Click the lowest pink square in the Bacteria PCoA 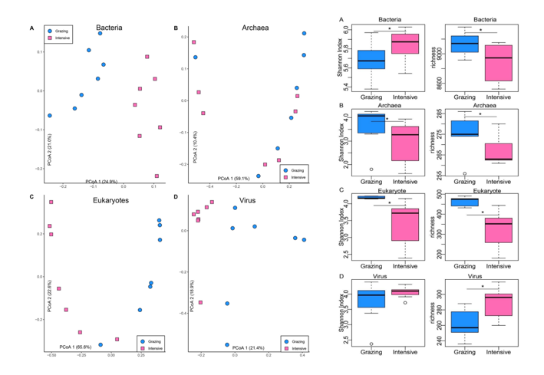(157, 176)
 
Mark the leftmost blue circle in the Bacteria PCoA (50, 115)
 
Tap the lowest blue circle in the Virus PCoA (227, 344)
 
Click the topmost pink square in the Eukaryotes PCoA (51, 202)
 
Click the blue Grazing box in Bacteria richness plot (465, 44)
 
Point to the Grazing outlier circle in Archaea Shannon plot (350, 169)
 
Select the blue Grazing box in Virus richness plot (465, 321)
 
